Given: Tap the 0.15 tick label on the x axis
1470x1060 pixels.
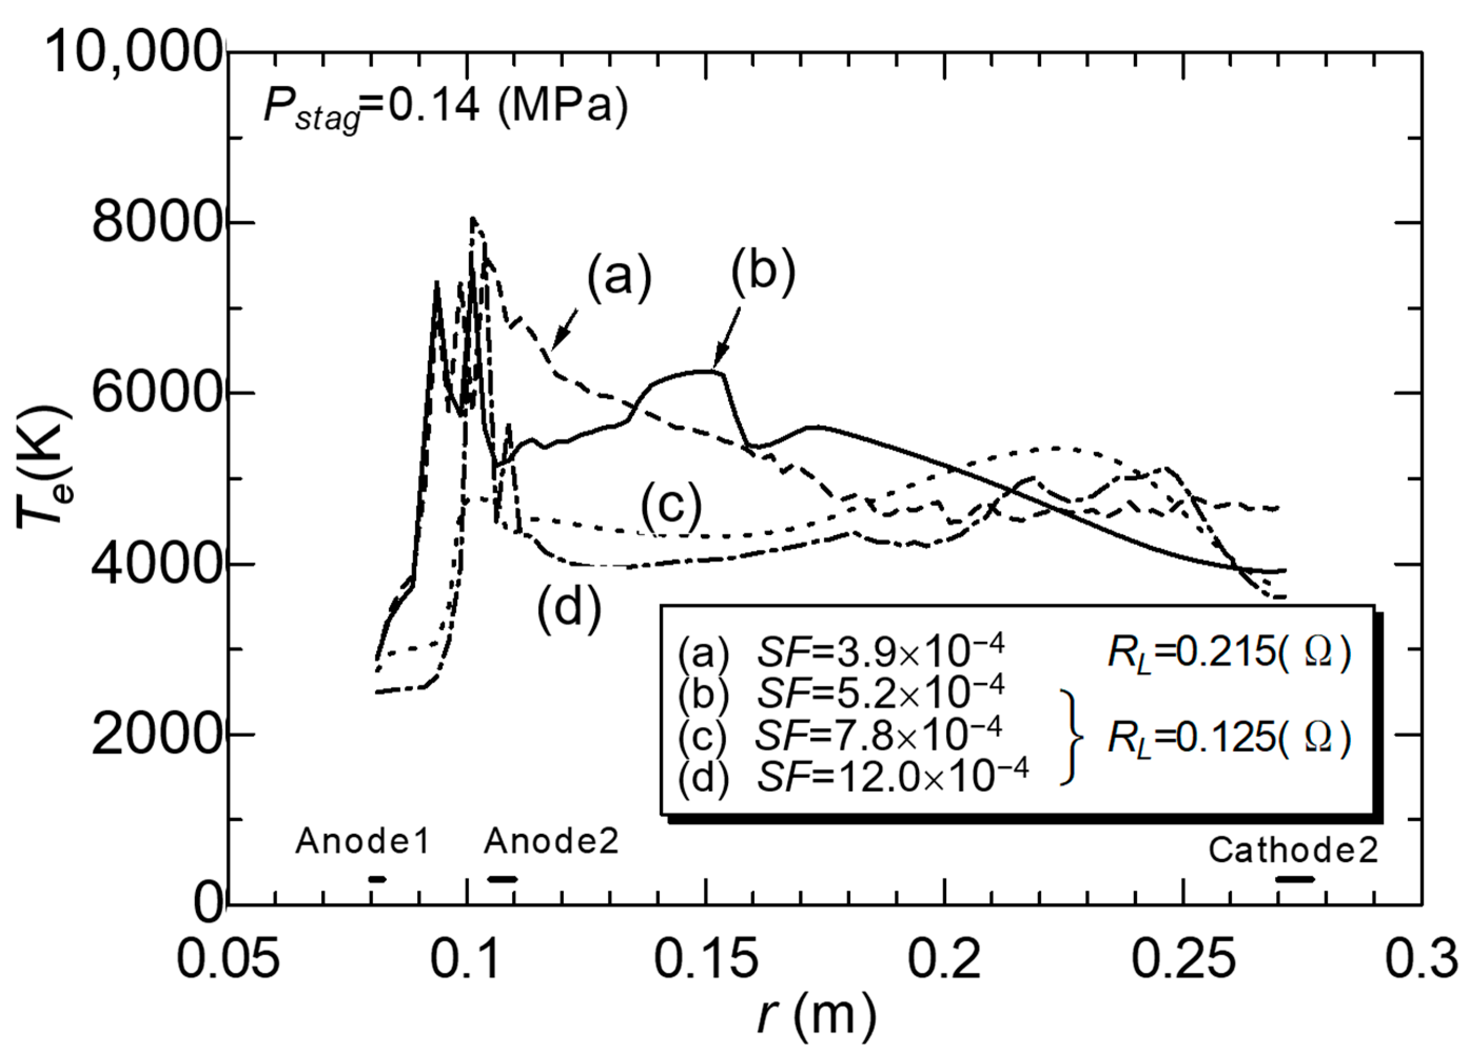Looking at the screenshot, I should [706, 961].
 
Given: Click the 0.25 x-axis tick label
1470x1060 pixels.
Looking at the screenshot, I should [1183, 961].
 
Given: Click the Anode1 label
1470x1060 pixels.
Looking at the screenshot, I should [363, 842].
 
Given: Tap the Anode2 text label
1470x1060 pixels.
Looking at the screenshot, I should [552, 842].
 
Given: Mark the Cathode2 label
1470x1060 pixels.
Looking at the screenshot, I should [1293, 850].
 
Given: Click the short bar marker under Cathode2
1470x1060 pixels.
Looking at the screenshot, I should [1295, 880].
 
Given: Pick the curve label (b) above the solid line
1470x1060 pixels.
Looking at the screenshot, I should [762, 271].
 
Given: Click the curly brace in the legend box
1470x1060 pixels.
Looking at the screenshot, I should [1073, 737].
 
